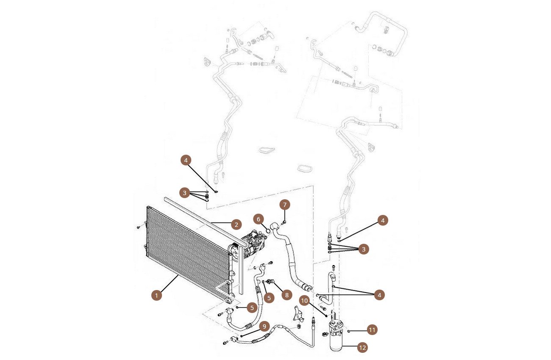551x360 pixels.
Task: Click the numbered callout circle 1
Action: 157,295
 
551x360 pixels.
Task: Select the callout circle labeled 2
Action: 236,225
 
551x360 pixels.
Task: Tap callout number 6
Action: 258,219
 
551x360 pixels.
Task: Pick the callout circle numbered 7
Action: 285,205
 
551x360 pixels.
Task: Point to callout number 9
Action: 264,327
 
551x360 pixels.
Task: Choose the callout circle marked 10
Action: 304,300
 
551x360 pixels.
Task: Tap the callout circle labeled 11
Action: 372,330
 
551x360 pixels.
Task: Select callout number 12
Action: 362,348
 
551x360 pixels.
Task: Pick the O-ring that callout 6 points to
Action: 268,230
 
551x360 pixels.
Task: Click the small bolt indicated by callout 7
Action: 284,222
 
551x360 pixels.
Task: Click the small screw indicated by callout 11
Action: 349,331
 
